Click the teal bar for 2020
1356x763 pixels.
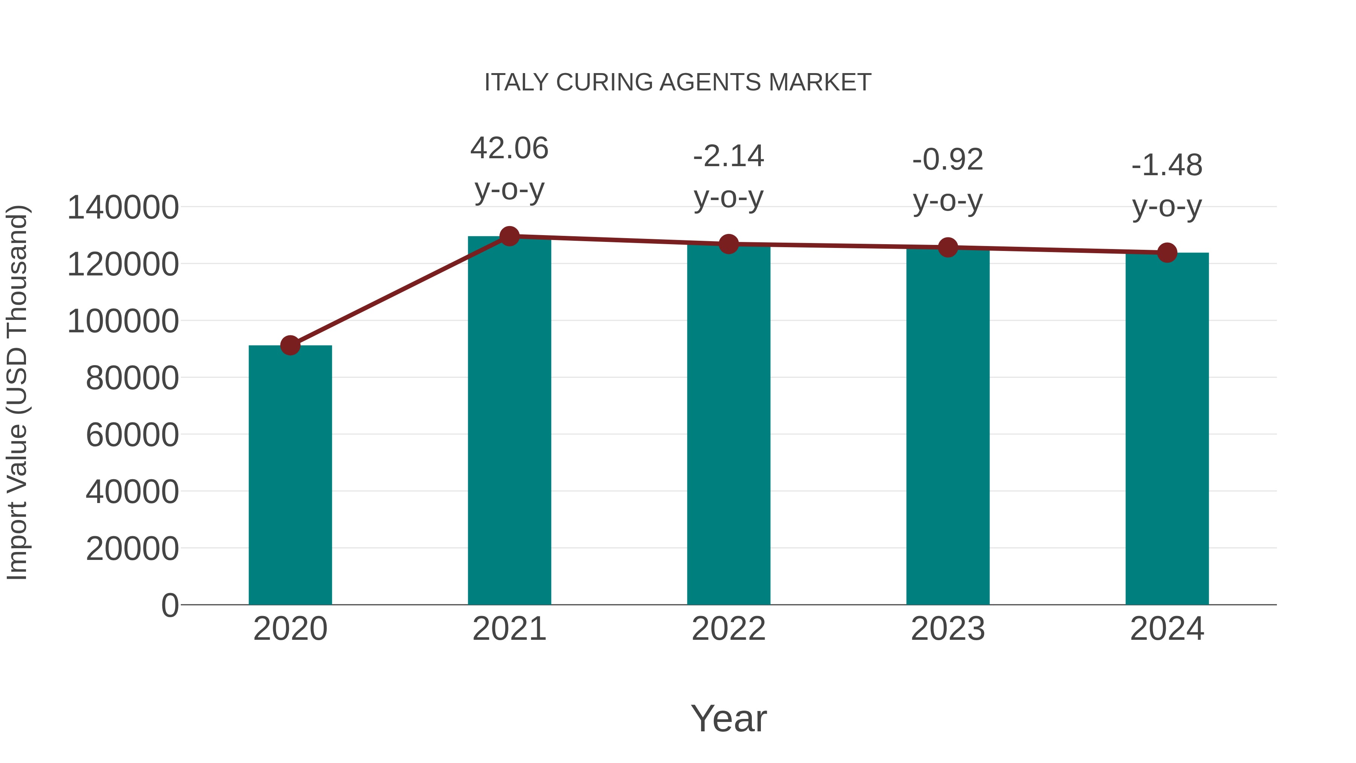(x=290, y=475)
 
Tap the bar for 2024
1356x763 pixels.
(x=1167, y=429)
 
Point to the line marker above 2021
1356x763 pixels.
(x=509, y=236)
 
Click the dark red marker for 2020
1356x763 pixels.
(x=290, y=346)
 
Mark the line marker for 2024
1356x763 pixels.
(x=1167, y=253)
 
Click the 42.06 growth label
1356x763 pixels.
(x=509, y=148)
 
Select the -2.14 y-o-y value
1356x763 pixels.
(x=728, y=156)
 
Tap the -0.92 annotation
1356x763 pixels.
(x=948, y=160)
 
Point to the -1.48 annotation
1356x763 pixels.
(x=1167, y=166)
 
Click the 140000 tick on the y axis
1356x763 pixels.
(x=123, y=208)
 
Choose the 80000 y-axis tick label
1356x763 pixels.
(x=132, y=378)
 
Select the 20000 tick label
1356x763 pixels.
(x=132, y=549)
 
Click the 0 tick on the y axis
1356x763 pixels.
(x=170, y=606)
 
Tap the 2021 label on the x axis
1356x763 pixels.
(x=509, y=629)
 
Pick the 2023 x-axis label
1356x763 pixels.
(x=948, y=629)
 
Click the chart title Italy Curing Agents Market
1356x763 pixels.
(x=678, y=83)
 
